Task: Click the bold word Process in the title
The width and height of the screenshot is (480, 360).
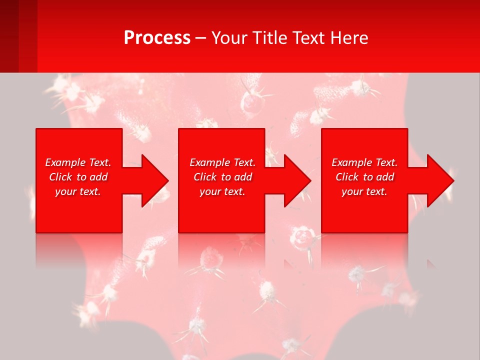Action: click(157, 38)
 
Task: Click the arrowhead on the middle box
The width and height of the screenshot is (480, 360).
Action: click(296, 180)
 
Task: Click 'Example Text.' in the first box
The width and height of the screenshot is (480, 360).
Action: click(78, 162)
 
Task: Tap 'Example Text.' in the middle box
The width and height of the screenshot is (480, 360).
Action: click(222, 162)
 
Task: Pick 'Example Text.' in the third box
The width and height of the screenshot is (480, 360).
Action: click(364, 162)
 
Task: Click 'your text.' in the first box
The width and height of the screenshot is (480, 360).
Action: click(78, 191)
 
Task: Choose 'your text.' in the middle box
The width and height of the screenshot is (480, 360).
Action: click(222, 191)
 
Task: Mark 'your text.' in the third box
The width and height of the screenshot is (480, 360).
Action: click(364, 191)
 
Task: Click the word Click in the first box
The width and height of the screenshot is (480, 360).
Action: click(60, 177)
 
